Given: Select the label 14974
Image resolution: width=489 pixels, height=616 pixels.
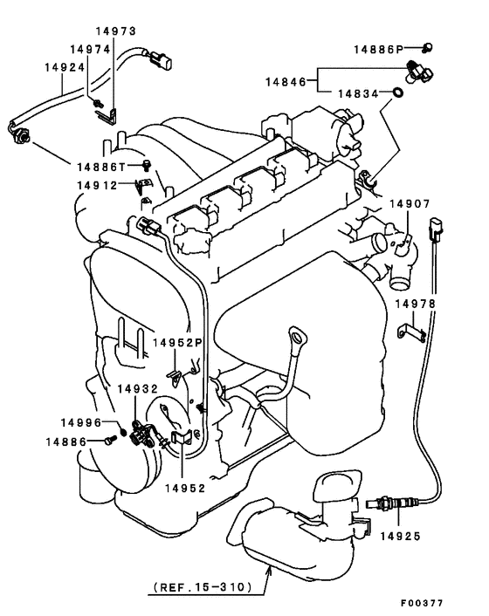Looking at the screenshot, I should [x=90, y=50].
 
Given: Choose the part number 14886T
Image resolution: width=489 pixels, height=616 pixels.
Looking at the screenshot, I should [x=101, y=165].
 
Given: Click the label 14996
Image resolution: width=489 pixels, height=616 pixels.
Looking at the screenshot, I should [x=81, y=422].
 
